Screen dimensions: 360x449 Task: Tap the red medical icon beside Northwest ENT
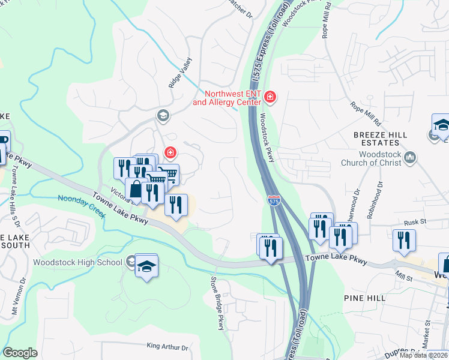[x=270, y=97]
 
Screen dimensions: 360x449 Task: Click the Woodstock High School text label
[x=78, y=262]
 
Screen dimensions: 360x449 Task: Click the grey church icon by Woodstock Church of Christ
[x=411, y=158]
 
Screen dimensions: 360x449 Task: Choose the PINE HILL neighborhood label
[x=364, y=298]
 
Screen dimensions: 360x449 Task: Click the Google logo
[x=20, y=353]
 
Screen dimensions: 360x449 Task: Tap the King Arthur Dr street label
[x=167, y=347]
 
